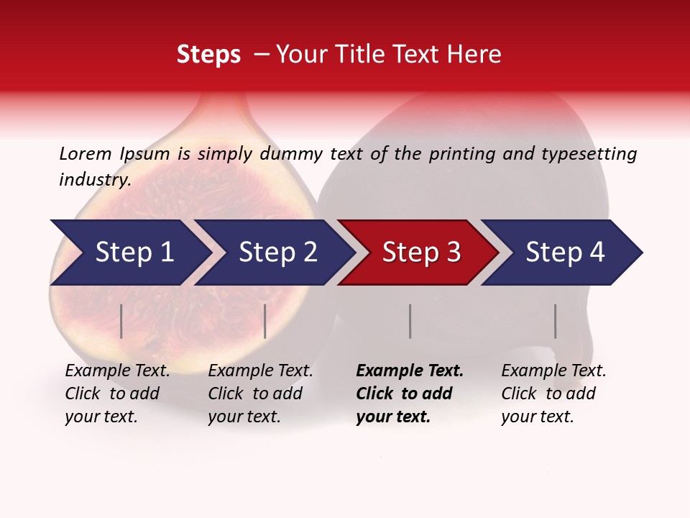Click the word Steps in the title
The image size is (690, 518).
208,55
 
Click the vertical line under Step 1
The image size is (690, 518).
121,321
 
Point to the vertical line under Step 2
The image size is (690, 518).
265,321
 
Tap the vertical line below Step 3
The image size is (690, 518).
410,321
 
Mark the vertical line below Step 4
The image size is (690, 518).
555,321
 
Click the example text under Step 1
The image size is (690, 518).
117,394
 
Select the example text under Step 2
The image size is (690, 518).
260,394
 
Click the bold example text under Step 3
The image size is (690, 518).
410,394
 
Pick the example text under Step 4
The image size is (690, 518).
553,394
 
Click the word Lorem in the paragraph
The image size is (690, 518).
86,154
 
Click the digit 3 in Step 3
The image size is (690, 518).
453,253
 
